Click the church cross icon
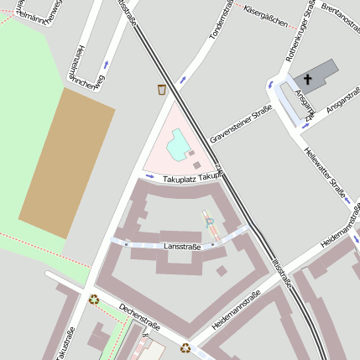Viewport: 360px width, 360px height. (307, 81)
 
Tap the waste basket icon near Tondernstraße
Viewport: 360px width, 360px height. (162, 89)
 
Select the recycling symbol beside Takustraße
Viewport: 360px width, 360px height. (94, 298)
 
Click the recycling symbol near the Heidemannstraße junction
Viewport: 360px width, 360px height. (185, 348)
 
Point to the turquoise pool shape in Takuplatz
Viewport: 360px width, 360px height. (178, 148)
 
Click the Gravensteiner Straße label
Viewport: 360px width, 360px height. (241, 123)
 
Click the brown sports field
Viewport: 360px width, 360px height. (65, 163)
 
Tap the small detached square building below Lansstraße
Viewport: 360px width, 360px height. (222, 270)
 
